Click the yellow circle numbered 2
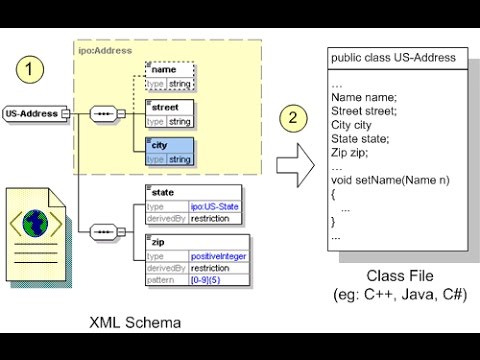click(291, 117)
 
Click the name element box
click(169, 75)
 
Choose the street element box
click(169, 113)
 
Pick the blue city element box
click(169, 151)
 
